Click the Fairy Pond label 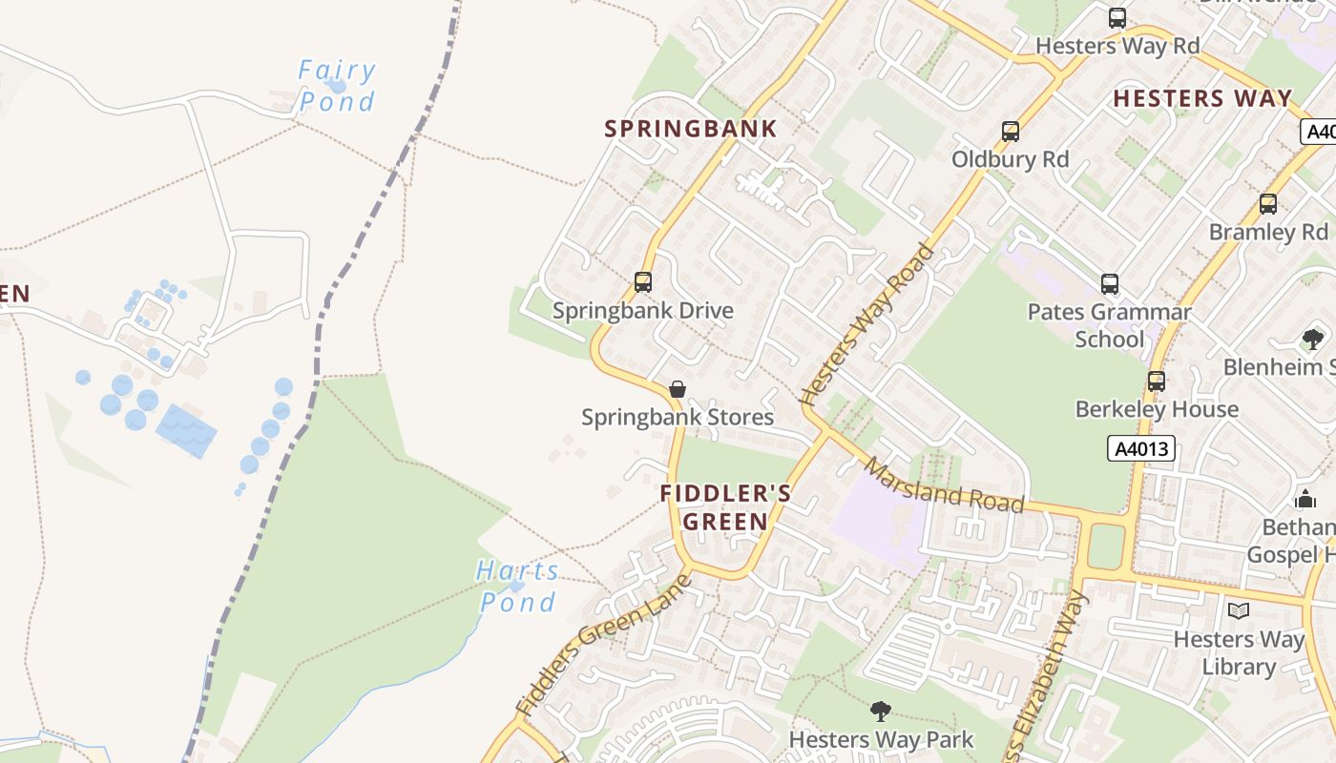337,86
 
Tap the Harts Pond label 518,587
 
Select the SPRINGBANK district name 691,129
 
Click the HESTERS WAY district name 1202,98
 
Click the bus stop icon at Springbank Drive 643,282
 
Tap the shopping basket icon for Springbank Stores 678,389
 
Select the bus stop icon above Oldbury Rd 1011,132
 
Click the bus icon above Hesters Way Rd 1117,18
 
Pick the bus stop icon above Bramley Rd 1268,204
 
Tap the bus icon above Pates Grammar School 1110,284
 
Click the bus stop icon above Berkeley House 1157,381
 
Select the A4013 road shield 1140,448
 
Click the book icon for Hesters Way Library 1239,611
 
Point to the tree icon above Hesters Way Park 881,711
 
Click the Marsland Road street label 945,485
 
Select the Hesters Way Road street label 869,325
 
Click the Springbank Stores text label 678,418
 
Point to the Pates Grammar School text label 1109,325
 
